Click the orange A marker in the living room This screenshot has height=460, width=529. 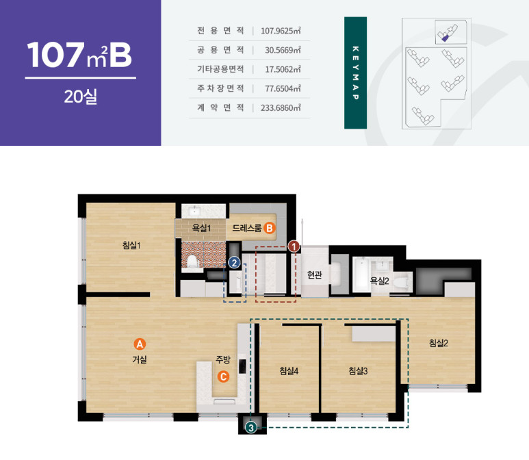pyautogui.click(x=140, y=344)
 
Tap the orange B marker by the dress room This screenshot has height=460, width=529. pyautogui.click(x=269, y=228)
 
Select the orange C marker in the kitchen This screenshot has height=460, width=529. pyautogui.click(x=223, y=376)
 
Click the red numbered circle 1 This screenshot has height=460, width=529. pyautogui.click(x=294, y=246)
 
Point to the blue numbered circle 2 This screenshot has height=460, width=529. pyautogui.click(x=234, y=263)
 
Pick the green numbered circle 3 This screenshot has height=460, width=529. pyautogui.click(x=250, y=428)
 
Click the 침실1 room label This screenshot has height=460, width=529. pyautogui.click(x=131, y=245)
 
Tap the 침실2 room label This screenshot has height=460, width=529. pyautogui.click(x=439, y=343)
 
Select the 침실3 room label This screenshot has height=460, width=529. pyautogui.click(x=358, y=371)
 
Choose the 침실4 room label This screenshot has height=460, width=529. pyautogui.click(x=289, y=371)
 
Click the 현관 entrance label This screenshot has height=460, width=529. pyautogui.click(x=314, y=274)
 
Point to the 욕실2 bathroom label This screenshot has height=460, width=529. pyautogui.click(x=380, y=281)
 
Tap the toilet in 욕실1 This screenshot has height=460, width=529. pyautogui.click(x=192, y=261)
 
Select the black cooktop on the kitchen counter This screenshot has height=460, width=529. pyautogui.click(x=242, y=366)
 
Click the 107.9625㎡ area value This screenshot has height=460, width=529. pyautogui.click(x=281, y=31)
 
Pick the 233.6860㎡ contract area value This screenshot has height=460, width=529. pyautogui.click(x=281, y=107)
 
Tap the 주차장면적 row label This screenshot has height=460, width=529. pyautogui.click(x=220, y=88)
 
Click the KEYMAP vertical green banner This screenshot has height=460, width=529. pyautogui.click(x=356, y=73)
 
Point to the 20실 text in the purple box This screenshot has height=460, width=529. pyautogui.click(x=81, y=97)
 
